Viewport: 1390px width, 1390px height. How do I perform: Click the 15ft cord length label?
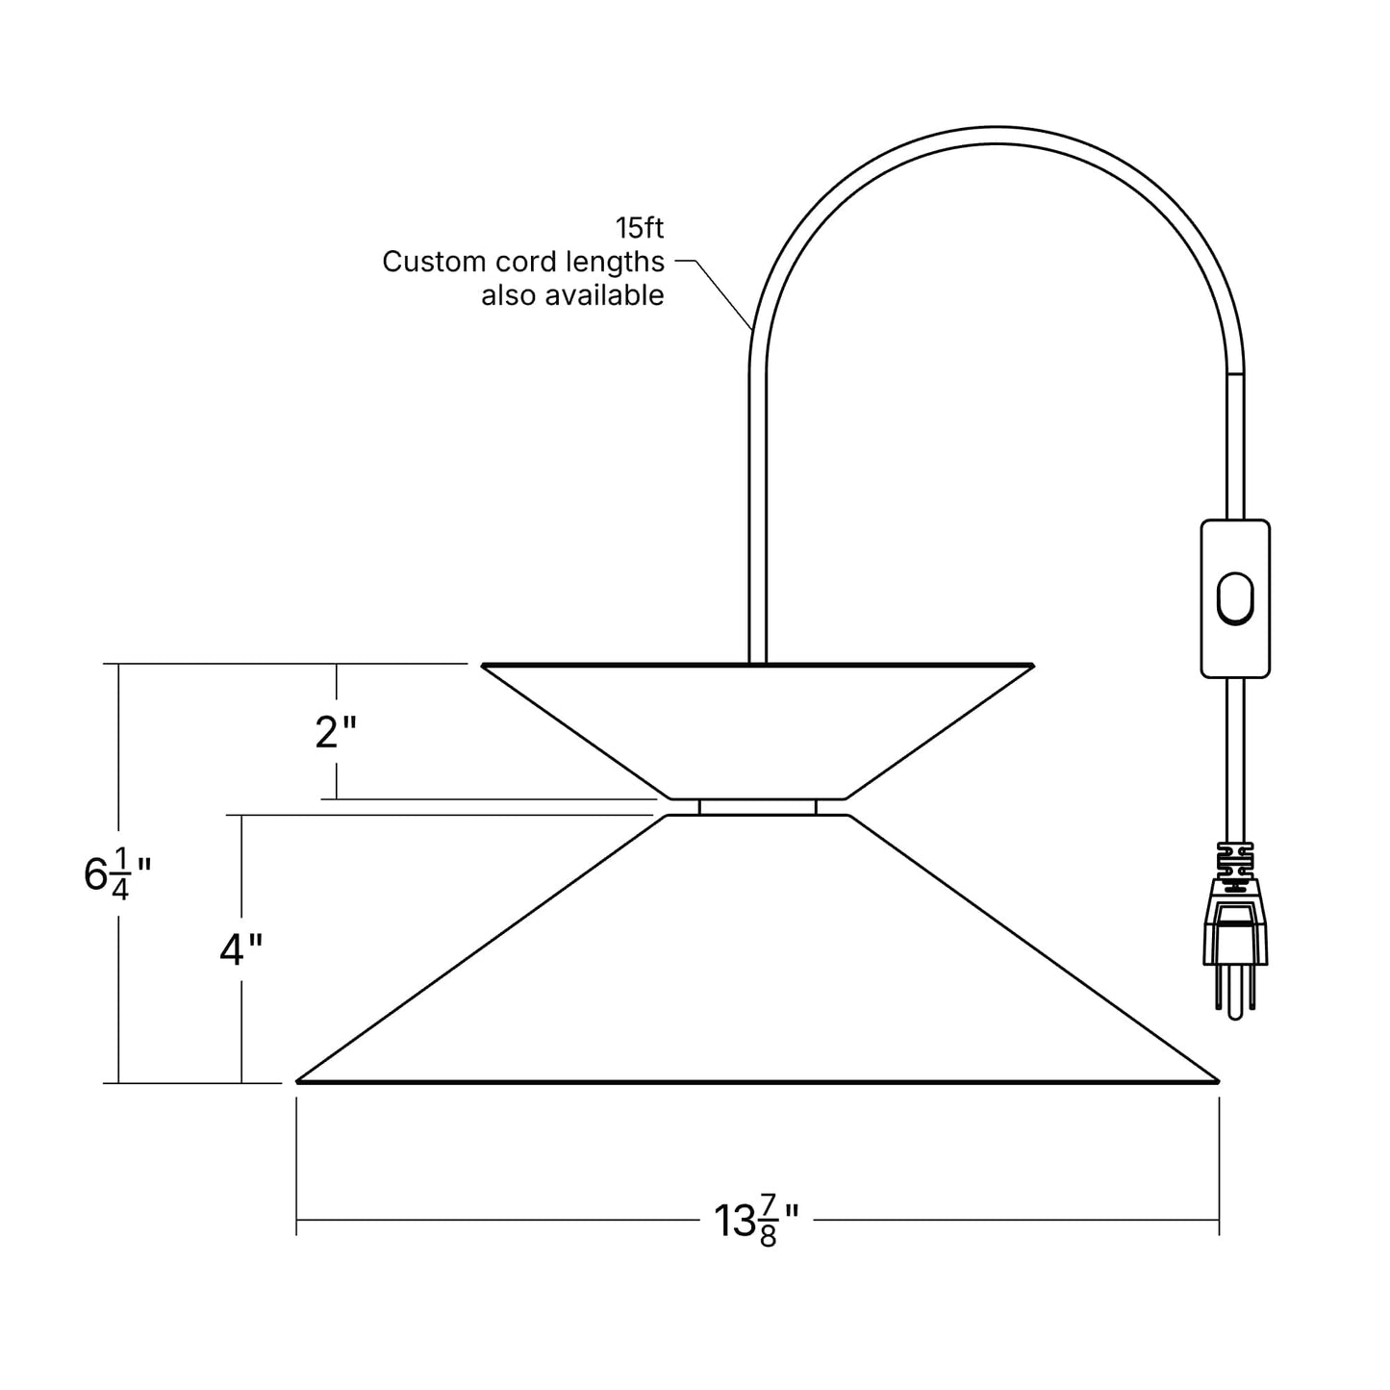pyautogui.click(x=639, y=229)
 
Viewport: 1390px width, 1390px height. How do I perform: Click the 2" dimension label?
pyautogui.click(x=336, y=732)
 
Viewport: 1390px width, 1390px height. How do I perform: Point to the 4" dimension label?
pyautogui.click(x=240, y=949)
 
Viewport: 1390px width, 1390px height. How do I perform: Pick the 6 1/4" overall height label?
pyautogui.click(x=117, y=874)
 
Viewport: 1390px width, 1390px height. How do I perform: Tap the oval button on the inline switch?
pyautogui.click(x=1235, y=598)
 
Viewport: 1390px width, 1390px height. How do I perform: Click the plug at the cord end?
pyautogui.click(x=1235, y=956)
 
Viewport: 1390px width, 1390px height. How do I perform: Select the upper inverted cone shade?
pyautogui.click(x=757, y=731)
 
